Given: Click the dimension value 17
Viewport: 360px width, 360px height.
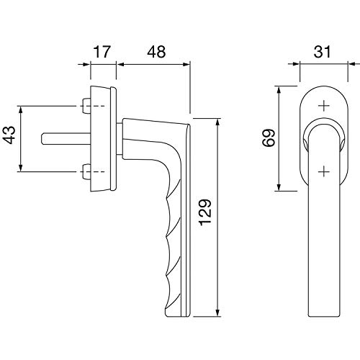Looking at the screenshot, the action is (102, 52).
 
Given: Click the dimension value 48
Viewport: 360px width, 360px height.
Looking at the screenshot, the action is (156, 52).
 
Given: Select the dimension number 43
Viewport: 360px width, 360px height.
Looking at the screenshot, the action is (11, 135).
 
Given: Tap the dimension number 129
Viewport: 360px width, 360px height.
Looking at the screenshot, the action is (205, 212).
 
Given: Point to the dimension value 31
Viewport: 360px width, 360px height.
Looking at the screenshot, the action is (323, 52).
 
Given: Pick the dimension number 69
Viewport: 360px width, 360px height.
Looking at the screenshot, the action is (269, 138).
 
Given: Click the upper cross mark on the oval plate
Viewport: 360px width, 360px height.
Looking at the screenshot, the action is (324, 106).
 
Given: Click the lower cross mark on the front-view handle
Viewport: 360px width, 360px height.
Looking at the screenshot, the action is (324, 171).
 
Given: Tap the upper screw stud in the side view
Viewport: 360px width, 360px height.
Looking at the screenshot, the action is (86, 106).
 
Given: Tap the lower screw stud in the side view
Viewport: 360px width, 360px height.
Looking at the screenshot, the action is (86, 171).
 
